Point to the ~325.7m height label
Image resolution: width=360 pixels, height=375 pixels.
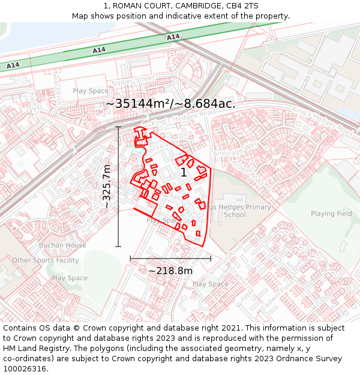point(107,187)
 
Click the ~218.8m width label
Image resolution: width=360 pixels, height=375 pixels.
point(170,271)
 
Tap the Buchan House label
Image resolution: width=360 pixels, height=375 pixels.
point(62,245)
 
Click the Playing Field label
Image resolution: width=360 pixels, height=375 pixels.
point(331,214)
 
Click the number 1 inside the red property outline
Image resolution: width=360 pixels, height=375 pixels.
point(184,173)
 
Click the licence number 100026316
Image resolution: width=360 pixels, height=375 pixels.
point(25,368)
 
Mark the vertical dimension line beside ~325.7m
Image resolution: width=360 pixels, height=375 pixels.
point(118,187)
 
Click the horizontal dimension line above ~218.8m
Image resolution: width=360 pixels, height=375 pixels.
point(170,259)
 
